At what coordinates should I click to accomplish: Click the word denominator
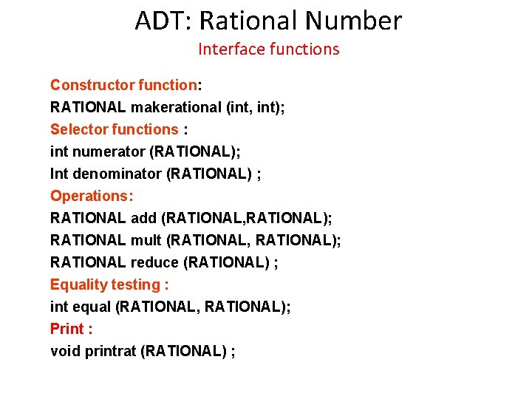(118, 174)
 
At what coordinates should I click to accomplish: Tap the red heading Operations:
(92, 196)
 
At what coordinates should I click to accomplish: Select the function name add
(143, 218)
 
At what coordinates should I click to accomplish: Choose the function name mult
(146, 240)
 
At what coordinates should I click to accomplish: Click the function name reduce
(154, 262)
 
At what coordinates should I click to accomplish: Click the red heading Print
(67, 329)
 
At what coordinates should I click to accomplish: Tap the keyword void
(65, 351)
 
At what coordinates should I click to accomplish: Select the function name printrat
(111, 351)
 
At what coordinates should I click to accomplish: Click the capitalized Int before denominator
(59, 174)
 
